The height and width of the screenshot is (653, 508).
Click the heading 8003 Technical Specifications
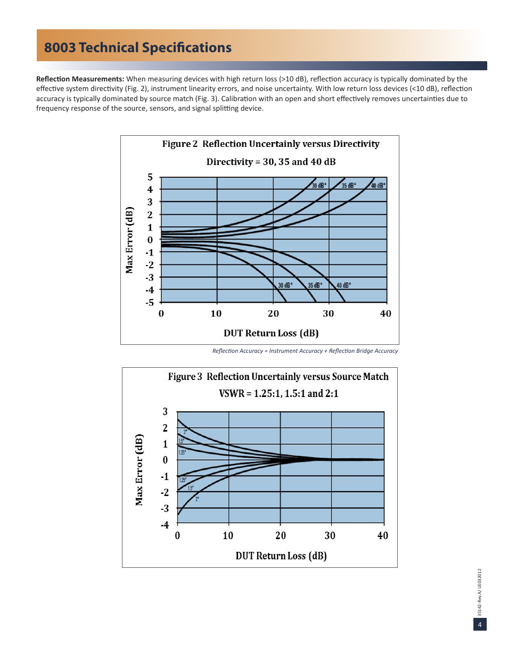pyautogui.click(x=138, y=48)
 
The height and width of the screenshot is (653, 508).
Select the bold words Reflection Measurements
pyautogui.click(x=80, y=79)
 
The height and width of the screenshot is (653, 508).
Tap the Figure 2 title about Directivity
pyautogui.click(x=271, y=144)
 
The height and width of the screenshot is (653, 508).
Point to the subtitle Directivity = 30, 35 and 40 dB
pyautogui.click(x=271, y=161)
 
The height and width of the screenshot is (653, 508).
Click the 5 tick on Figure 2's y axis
pyautogui.click(x=150, y=177)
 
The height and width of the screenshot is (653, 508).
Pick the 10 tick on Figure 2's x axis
pyautogui.click(x=216, y=313)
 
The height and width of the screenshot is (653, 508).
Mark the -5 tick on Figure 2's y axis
pyautogui.click(x=150, y=302)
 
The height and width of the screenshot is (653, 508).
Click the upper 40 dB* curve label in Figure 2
pyautogui.click(x=378, y=186)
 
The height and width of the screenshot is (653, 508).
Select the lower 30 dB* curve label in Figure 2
pyautogui.click(x=285, y=285)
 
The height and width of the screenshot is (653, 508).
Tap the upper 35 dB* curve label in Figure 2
pyautogui.click(x=349, y=186)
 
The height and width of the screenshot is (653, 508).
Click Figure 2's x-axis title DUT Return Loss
pyautogui.click(x=271, y=334)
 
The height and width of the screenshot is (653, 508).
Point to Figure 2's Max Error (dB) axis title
pyautogui.click(x=129, y=240)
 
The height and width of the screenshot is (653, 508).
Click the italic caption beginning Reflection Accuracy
pyautogui.click(x=305, y=351)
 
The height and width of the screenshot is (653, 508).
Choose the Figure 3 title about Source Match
pyautogui.click(x=278, y=377)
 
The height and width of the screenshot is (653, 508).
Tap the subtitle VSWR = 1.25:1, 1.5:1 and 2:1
pyautogui.click(x=278, y=394)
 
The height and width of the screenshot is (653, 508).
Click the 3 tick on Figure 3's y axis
pyautogui.click(x=165, y=411)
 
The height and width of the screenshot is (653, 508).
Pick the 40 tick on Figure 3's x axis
pyautogui.click(x=382, y=535)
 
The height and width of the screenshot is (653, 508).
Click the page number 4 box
pyautogui.click(x=479, y=625)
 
